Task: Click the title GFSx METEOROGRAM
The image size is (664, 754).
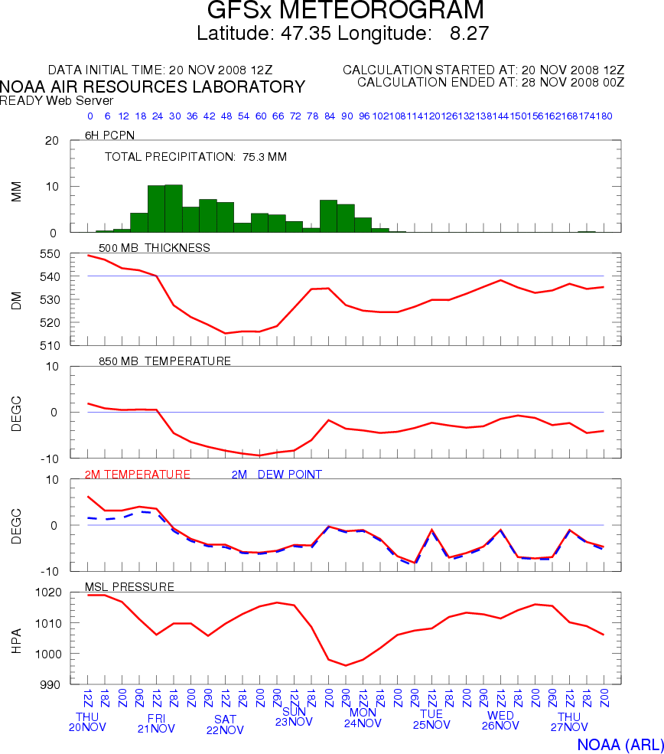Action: click(346, 11)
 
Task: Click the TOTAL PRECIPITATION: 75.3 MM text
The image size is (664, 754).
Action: click(195, 157)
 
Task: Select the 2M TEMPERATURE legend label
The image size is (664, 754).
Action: click(138, 475)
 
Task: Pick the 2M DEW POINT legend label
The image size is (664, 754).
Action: click(276, 475)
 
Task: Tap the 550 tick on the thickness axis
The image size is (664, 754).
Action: click(50, 254)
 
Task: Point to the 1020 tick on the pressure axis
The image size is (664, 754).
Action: click(47, 592)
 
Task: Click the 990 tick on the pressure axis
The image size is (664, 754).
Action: click(50, 684)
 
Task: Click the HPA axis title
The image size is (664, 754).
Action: click(17, 638)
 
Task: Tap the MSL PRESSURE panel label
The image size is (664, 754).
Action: click(129, 587)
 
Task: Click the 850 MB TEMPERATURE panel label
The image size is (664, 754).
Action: click(164, 361)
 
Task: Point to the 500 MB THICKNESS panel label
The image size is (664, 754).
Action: click(154, 247)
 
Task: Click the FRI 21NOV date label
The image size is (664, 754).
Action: click(156, 723)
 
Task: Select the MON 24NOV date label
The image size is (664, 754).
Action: click(363, 717)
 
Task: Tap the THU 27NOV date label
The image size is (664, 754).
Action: click(569, 722)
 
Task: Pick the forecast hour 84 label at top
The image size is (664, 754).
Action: click(330, 116)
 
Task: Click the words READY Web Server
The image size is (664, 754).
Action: click(57, 100)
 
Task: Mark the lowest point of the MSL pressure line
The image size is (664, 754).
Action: click(346, 665)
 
